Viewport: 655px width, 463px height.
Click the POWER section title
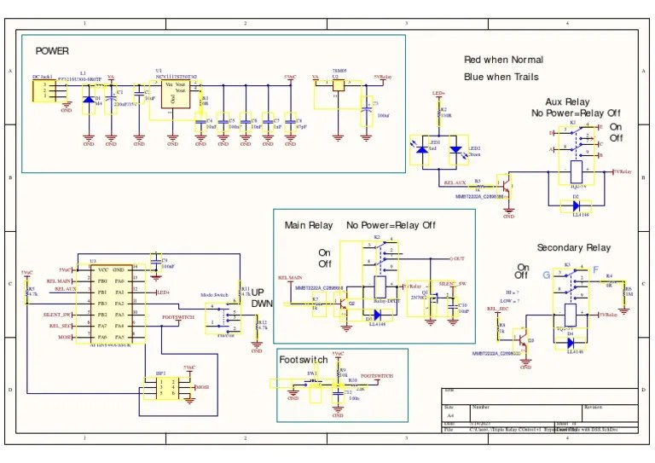point(52,51)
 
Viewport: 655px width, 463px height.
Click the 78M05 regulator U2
point(339,85)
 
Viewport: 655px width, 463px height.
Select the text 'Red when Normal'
point(503,60)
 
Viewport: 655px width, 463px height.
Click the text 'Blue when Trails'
point(501,77)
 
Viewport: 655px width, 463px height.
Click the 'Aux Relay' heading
point(566,102)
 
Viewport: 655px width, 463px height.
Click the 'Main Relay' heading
point(309,225)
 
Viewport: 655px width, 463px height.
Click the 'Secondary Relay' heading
point(573,247)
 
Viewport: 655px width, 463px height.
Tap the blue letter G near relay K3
point(547,275)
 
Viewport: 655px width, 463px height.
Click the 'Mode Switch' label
point(214,294)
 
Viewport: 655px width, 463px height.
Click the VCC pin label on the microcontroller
point(102,269)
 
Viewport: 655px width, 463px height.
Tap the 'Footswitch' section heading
point(304,360)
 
